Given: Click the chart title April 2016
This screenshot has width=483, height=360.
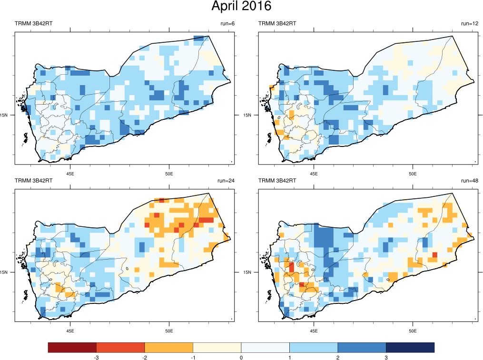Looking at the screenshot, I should coord(241,7).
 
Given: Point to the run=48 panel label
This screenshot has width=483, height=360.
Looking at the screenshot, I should coord(467,181).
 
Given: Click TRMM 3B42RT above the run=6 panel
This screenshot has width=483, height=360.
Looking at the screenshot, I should coord(34,24).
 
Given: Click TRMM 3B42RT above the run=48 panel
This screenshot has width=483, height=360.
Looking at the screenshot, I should coord(277,181).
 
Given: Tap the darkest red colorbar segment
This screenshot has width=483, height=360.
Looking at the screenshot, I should coord(72,348).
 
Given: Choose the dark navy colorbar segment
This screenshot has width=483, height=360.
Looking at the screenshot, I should coord(410,348).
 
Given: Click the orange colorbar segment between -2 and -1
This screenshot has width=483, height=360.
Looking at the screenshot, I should coord(168,348).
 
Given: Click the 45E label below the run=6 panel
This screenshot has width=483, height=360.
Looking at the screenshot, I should coord(70,173).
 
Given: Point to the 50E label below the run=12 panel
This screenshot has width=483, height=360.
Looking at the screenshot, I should coord(413,173).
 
